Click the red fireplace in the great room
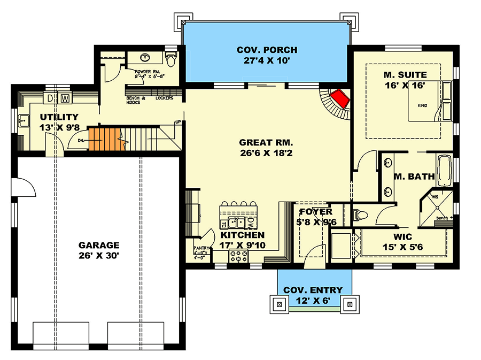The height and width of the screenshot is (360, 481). tap(339, 99)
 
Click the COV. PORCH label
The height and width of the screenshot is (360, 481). tap(267, 50)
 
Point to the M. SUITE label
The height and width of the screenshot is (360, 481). tap(404, 74)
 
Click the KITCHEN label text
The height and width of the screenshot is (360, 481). tap(243, 235)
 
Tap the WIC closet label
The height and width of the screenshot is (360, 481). tap(404, 236)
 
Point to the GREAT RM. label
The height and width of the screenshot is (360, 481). tap(266, 143)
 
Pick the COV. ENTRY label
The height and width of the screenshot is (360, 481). tap(313, 290)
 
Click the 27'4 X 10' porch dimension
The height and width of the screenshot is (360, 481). tap(267, 60)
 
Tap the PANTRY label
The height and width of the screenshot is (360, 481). tap(201, 248)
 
